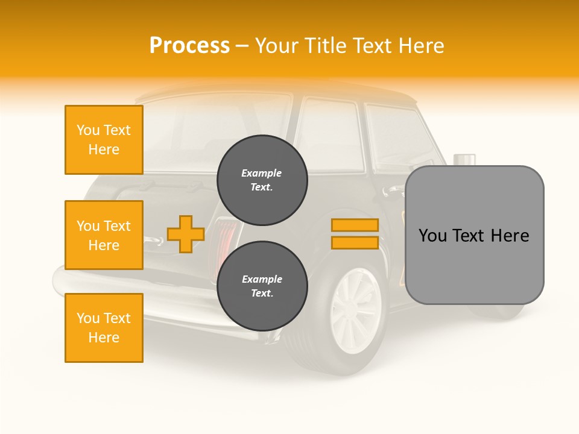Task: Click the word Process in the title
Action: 189,46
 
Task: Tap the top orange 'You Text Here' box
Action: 104,140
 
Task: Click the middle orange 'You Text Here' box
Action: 104,235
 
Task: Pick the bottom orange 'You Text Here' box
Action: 104,328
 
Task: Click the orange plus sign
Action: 185,234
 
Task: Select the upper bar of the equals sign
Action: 355,225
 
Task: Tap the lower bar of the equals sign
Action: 355,242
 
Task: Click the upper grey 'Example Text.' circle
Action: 262,180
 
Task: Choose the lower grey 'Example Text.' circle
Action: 262,286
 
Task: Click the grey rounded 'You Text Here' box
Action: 474,235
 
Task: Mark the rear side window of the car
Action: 331,136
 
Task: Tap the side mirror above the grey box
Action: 464,160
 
